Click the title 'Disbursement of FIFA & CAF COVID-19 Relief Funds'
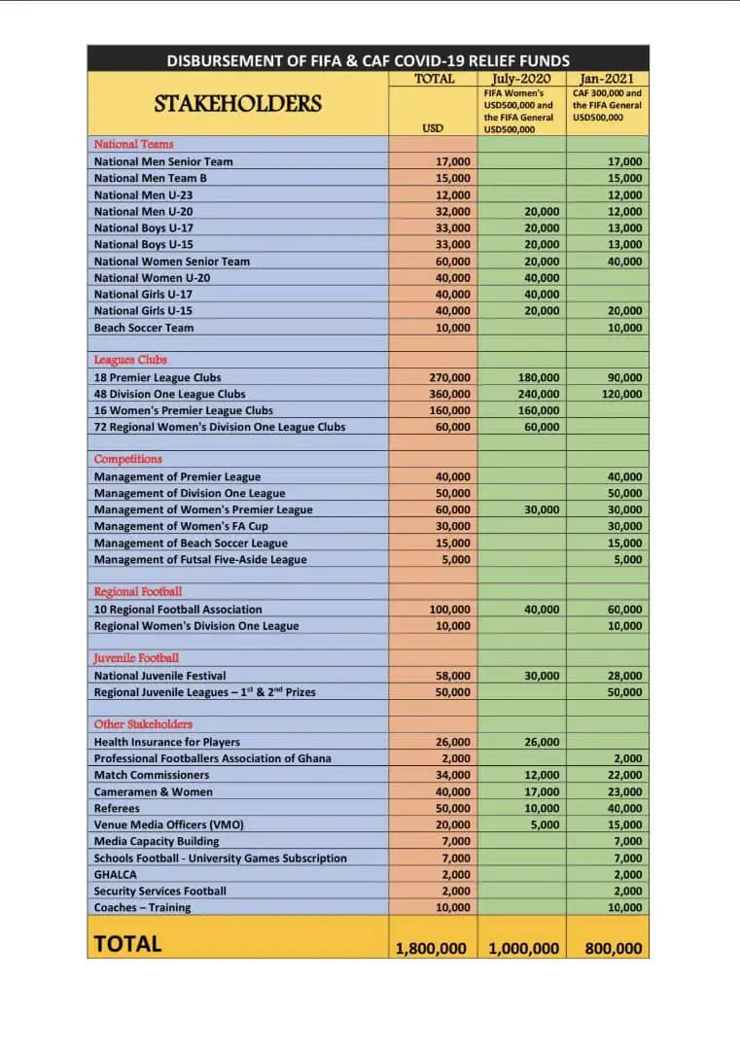coord(368,60)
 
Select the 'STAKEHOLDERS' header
coord(237,103)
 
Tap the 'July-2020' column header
coord(523,79)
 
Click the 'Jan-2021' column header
coord(608,79)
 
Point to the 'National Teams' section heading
coord(133,144)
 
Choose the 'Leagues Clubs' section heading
coord(130,360)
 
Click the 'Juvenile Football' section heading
coord(136,658)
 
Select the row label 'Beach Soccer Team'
coord(144,328)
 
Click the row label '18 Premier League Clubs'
coord(158,377)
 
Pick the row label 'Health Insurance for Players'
coord(167,742)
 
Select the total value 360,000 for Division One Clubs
coord(449,394)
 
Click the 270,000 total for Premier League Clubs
coord(449,377)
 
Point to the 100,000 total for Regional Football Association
coord(449,610)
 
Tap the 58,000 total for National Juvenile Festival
coord(452,676)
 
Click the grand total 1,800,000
coord(431,948)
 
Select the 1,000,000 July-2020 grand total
coord(522,948)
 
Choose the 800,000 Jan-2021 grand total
coord(614,948)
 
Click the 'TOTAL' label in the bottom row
coord(127,943)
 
